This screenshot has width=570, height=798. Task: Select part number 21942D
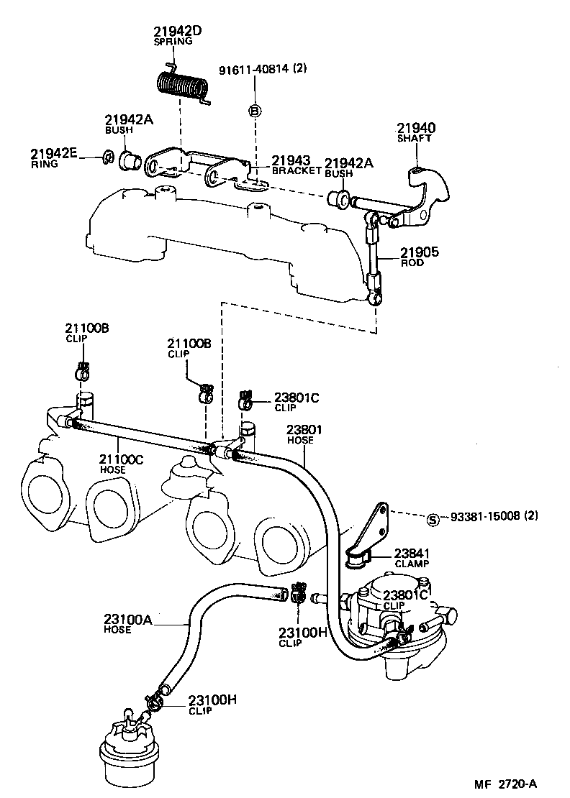pos(177,31)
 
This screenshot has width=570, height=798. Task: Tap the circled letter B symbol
pos(254,111)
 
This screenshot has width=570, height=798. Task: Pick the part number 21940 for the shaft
pos(415,129)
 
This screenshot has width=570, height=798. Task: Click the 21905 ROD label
pos(419,257)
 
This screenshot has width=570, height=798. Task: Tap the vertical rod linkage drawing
pos(373,259)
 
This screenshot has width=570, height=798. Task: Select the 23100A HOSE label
pos(127,623)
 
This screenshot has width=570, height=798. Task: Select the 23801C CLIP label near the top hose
pos(296,401)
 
